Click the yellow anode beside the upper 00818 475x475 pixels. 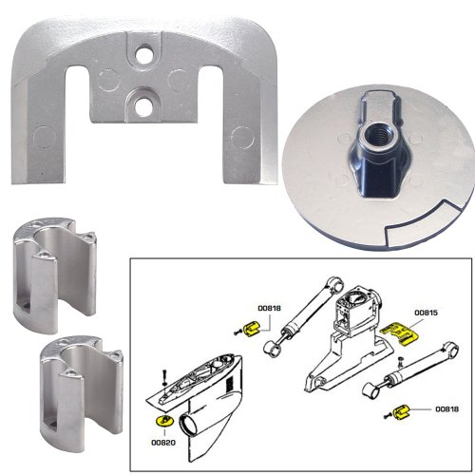coord(251,328)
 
